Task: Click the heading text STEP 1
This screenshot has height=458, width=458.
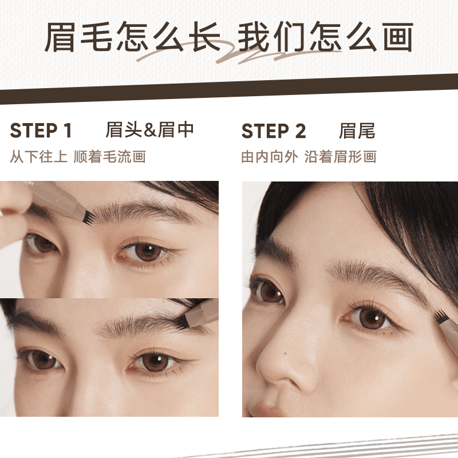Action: coord(41,131)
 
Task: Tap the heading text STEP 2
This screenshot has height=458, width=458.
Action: coord(274,131)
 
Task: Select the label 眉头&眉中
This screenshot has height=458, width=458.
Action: coord(150,130)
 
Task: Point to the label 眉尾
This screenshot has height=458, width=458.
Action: coord(357,131)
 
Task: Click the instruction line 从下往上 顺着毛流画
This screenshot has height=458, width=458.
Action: coord(78,156)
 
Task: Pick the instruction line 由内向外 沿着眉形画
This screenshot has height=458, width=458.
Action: coord(309,156)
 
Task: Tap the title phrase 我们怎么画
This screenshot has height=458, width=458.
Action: coord(325,39)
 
